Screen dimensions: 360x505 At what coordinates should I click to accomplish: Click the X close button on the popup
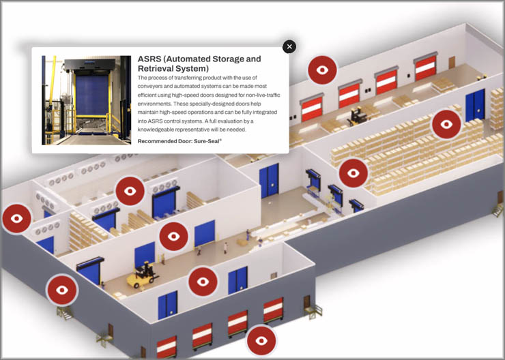pos(290,46)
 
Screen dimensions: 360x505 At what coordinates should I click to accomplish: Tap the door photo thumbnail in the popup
pos(86,100)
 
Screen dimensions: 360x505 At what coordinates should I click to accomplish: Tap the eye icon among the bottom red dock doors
pos(261,340)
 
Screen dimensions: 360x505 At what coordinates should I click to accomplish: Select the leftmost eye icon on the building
pos(16,219)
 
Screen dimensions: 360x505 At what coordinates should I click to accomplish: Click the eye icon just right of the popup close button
pos(322,70)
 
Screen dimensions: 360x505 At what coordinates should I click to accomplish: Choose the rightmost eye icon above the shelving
pos(446,124)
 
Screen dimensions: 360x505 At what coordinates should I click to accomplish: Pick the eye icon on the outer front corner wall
pos(61,290)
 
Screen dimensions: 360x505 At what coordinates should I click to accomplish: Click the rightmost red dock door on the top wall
pos(425,66)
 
